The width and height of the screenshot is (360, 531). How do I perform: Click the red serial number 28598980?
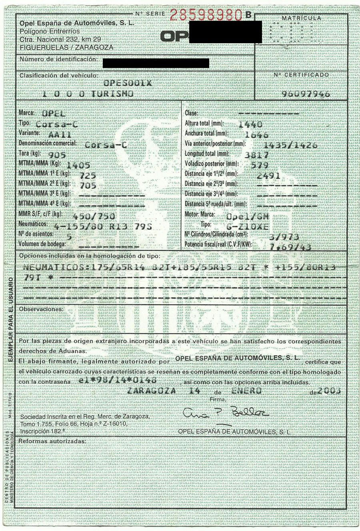coord(206,15)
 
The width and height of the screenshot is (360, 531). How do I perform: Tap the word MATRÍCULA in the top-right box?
coord(301,18)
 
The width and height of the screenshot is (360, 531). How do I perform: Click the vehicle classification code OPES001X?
coord(128,83)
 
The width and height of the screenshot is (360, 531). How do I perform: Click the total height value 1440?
coord(250,124)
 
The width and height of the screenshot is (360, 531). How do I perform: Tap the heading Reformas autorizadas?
coord(52,441)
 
